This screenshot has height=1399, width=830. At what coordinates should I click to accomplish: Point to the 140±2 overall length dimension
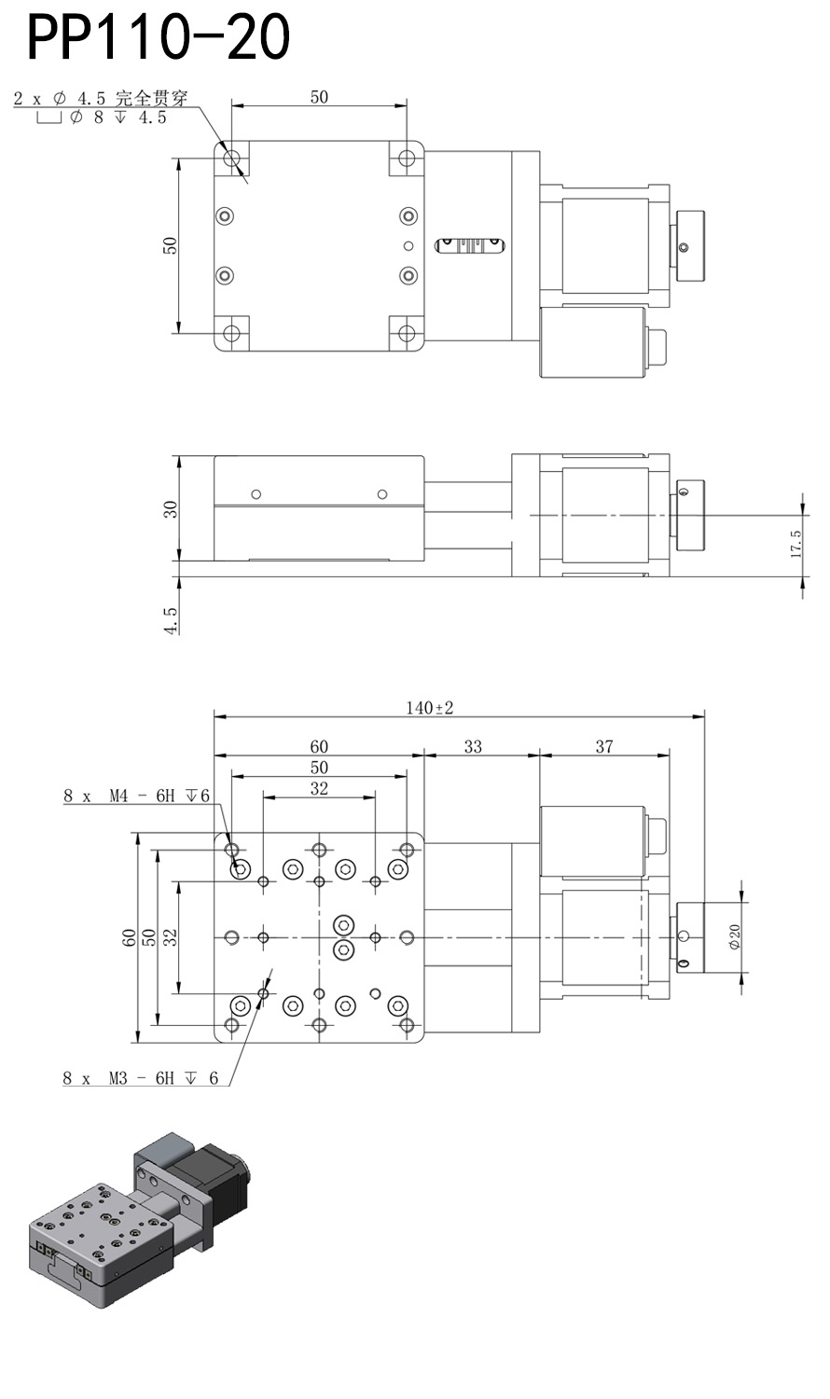pos(429,708)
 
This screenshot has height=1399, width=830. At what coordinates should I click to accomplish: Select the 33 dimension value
pos(473,746)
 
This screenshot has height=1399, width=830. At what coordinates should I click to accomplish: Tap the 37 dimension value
pos(604,746)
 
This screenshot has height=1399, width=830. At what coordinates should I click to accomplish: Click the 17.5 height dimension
pos(795,544)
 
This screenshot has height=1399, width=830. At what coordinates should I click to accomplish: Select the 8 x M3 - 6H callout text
pos(141,1078)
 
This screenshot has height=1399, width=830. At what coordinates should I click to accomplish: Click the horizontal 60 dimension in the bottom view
pos(319,746)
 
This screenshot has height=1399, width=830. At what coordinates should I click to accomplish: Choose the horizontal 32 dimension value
pos(319,788)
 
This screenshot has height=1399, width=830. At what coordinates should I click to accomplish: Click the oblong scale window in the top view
pos(469,245)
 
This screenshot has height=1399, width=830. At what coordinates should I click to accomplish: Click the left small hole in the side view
pos(256,493)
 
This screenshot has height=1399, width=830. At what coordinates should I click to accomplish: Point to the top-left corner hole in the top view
pos(231,158)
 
